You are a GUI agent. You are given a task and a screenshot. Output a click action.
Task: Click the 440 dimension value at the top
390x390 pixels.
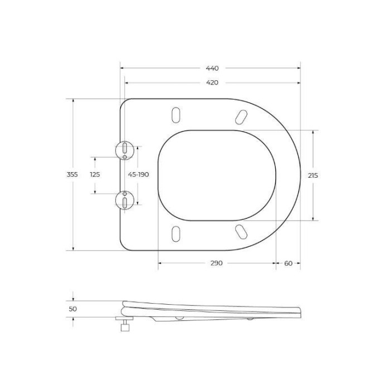pyautogui.click(x=212, y=69)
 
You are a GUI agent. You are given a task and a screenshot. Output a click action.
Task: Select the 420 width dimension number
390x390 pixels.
pyautogui.click(x=212, y=82)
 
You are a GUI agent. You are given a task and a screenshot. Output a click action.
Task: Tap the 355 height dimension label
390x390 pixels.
pyautogui.click(x=72, y=174)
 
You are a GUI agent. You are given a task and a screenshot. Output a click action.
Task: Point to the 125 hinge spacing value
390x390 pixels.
pyautogui.click(x=95, y=174)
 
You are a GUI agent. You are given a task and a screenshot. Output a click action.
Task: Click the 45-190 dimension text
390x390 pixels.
pyautogui.click(x=139, y=174)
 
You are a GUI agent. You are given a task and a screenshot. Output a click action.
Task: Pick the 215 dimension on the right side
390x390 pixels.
pyautogui.click(x=313, y=175)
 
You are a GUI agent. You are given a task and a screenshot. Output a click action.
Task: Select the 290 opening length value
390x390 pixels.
pyautogui.click(x=216, y=263)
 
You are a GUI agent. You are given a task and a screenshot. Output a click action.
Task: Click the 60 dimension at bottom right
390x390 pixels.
pyautogui.click(x=288, y=263)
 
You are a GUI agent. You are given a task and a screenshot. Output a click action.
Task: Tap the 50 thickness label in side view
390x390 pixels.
pyautogui.click(x=73, y=309)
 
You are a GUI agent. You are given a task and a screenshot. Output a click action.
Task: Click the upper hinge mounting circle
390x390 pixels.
pyautogui.click(x=125, y=150)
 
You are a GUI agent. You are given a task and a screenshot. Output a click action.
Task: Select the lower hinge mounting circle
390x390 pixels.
pyautogui.click(x=125, y=199)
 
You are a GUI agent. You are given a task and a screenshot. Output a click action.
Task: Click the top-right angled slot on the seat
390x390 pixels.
pyautogui.click(x=241, y=116)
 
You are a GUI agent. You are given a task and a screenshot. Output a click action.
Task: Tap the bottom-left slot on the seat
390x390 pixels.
pyautogui.click(x=176, y=234)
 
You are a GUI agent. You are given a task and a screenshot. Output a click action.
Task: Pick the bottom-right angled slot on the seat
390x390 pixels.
pyautogui.click(x=241, y=231)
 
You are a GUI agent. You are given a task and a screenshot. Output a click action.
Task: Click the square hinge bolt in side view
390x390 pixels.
pyautogui.click(x=125, y=328)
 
